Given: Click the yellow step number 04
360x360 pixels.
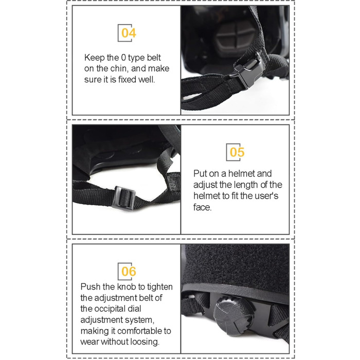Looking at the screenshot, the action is [x=129, y=33].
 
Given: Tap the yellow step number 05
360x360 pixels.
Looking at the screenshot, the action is [x=237, y=152].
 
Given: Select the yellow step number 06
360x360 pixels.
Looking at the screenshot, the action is [x=129, y=272].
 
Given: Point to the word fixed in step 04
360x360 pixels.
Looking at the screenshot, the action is [x=127, y=79].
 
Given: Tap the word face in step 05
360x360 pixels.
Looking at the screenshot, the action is [x=202, y=207].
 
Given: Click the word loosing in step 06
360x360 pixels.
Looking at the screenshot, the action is [x=145, y=342].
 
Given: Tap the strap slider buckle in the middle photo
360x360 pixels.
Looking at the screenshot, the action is [x=124, y=198].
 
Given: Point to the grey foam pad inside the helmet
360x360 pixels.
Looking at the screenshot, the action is [x=236, y=38].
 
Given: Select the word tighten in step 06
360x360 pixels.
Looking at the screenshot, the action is [x=160, y=287].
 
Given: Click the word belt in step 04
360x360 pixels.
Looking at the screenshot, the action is [x=154, y=58].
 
